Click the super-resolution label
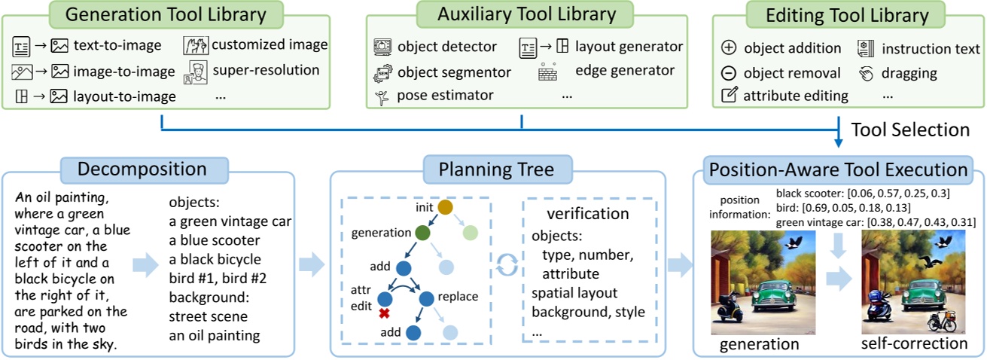pos(266,70)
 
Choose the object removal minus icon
pos(728,73)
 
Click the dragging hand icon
pos(865,73)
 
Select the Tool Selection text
pos(909,130)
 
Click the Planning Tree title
pos(498,169)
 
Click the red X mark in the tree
pos(383,313)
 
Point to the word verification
pos(587,214)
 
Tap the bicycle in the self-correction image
pos(939,320)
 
